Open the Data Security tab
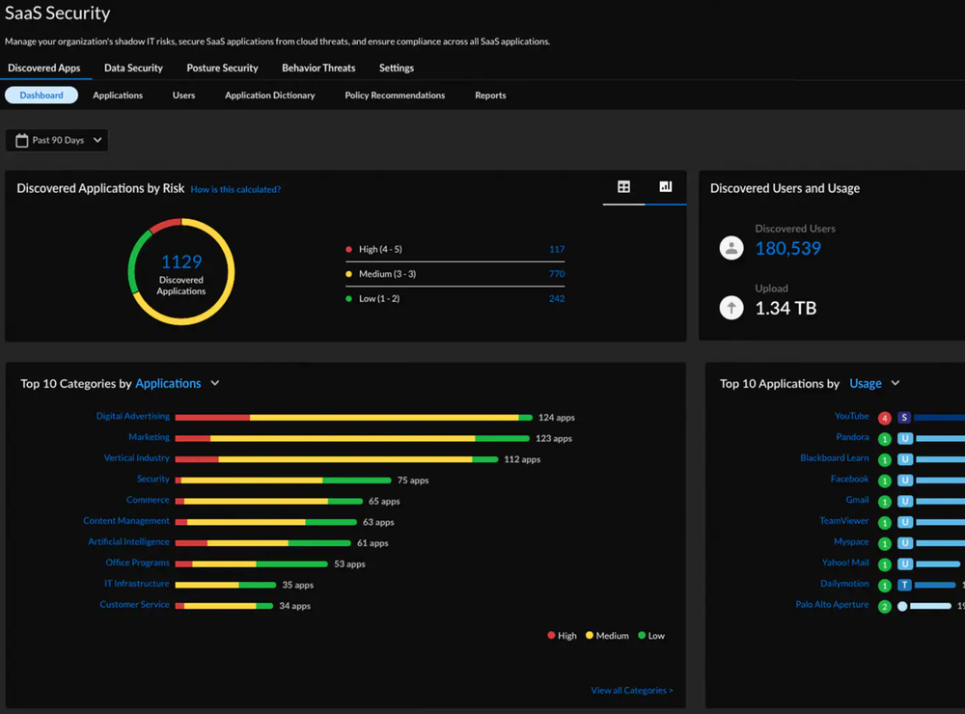(133, 69)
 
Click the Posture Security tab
(222, 69)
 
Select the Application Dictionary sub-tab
(269, 96)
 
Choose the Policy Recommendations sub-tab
(395, 96)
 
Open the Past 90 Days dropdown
(57, 141)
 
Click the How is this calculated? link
(235, 190)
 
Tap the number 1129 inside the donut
(181, 261)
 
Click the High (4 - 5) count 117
(556, 250)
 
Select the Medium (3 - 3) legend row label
(381, 274)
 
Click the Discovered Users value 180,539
(787, 249)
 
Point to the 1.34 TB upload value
(786, 308)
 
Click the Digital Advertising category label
(132, 417)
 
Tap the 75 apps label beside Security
(412, 481)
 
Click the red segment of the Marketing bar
(193, 438)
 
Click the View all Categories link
(631, 691)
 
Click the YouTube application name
(851, 417)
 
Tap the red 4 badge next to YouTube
(885, 418)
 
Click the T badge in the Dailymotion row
(904, 585)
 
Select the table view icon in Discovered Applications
(623, 187)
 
